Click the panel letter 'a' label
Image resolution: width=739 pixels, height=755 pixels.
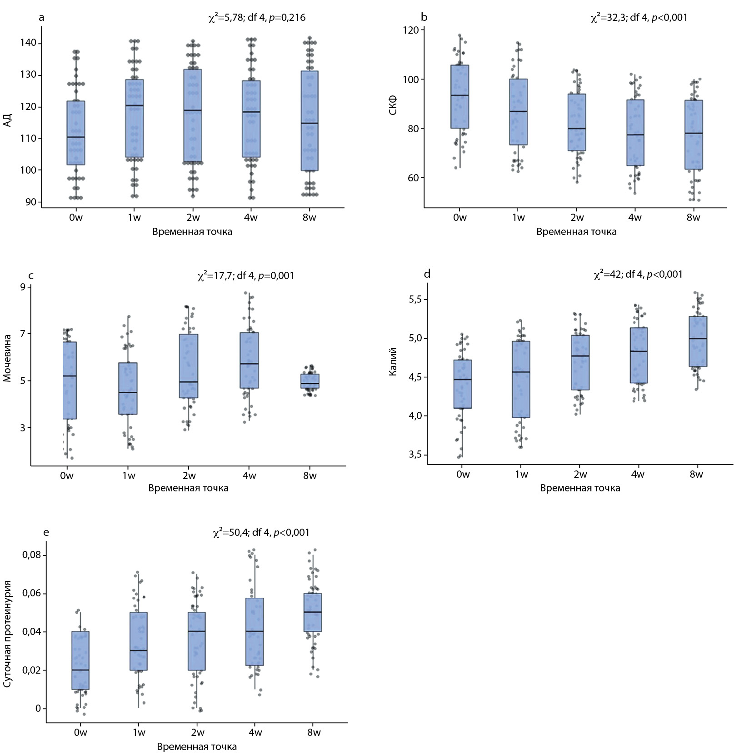42,18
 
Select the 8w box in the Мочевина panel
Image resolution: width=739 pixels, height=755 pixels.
310,381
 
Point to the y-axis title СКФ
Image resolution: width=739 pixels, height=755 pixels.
393,105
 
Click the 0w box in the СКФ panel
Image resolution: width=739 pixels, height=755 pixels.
460,96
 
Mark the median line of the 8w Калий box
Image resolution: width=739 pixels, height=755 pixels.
698,339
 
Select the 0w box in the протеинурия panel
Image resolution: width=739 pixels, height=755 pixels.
80,660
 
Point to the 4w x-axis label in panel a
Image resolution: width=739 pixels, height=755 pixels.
250,218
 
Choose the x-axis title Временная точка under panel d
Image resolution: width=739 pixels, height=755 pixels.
580,488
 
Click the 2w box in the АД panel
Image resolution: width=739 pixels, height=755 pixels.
193,115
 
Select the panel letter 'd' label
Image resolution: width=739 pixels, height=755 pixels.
427,274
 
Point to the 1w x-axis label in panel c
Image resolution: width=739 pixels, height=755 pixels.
129,476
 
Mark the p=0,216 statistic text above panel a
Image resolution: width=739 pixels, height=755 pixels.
287,18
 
